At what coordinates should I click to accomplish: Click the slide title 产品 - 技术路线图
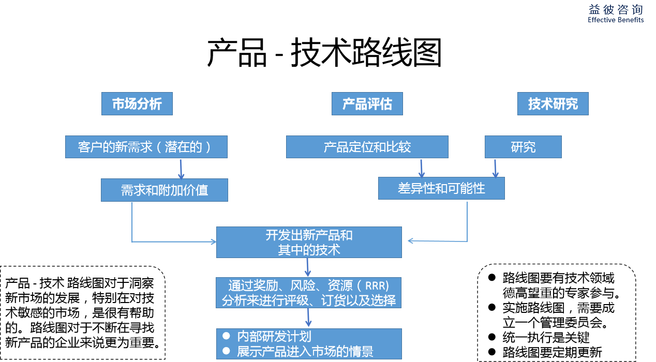click(x=324, y=52)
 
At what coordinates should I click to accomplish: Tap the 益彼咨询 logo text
click(x=616, y=10)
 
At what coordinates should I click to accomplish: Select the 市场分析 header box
click(x=137, y=104)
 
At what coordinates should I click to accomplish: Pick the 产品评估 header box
click(x=367, y=104)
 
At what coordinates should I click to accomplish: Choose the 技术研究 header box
click(x=553, y=104)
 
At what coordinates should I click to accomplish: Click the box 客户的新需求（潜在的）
click(x=146, y=147)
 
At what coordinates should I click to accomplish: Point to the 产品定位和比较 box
click(x=367, y=147)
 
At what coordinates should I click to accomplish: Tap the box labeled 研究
click(x=523, y=147)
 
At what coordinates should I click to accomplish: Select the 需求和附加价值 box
click(x=164, y=190)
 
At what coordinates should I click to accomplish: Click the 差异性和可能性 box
click(x=441, y=188)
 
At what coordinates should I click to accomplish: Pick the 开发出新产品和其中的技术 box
click(x=309, y=242)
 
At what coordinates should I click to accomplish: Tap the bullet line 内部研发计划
click(x=274, y=337)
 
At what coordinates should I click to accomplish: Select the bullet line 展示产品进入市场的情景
click(x=305, y=352)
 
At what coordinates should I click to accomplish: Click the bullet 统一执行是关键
click(x=546, y=337)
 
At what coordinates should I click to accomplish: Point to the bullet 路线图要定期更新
click(x=552, y=352)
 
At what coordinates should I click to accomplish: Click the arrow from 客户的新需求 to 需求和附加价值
click(x=181, y=169)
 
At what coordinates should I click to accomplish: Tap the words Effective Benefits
click(x=616, y=20)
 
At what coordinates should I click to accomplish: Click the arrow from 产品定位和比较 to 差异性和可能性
click(x=422, y=168)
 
